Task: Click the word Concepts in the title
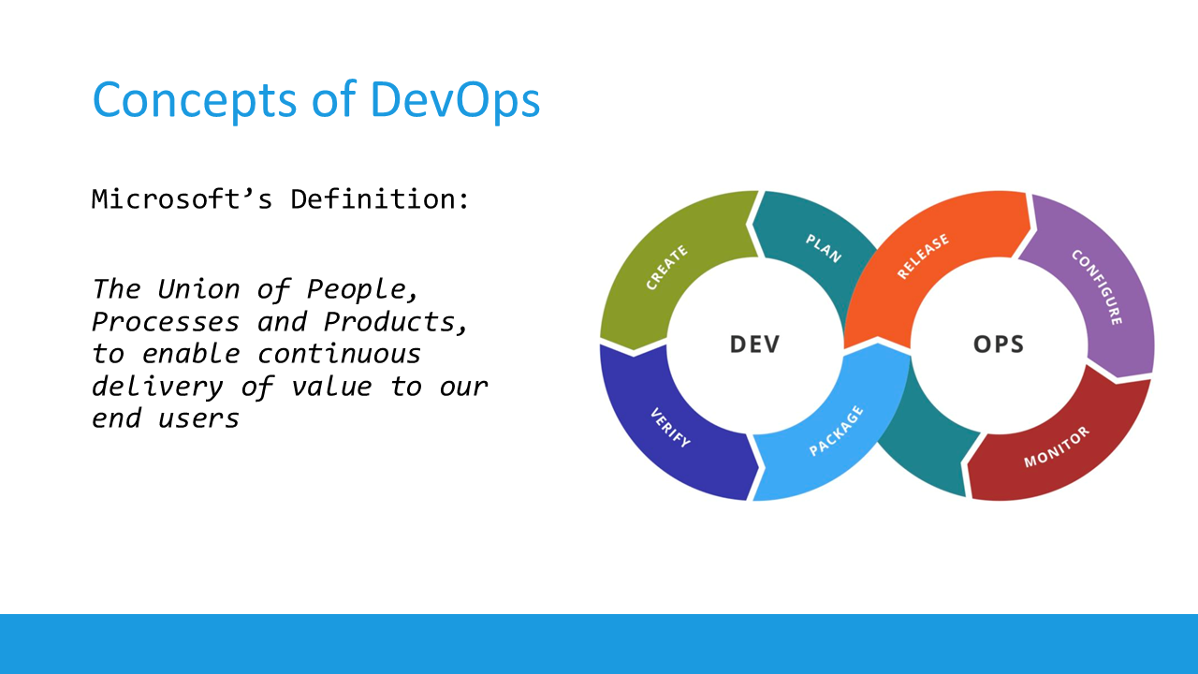click(x=195, y=98)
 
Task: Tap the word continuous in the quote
click(x=339, y=354)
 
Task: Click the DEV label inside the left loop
click(x=754, y=344)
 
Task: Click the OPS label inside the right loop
click(x=999, y=344)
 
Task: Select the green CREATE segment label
click(x=666, y=268)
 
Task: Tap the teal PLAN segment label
click(x=824, y=248)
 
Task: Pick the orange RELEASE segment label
click(x=923, y=256)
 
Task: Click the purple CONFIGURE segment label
click(x=1097, y=286)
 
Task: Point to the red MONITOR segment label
click(x=1057, y=447)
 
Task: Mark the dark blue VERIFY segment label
click(x=669, y=428)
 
